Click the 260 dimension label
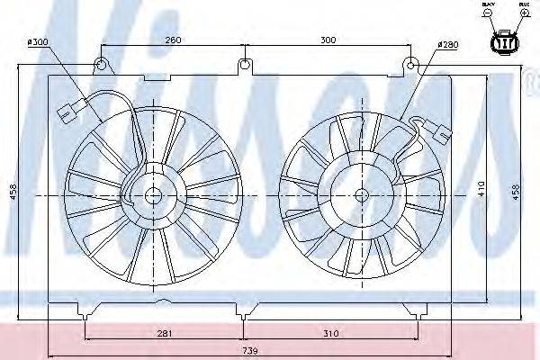174,40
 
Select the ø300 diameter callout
39,41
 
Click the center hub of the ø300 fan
152,194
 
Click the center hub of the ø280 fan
362,194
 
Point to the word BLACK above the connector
489,5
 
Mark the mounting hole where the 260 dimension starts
102,64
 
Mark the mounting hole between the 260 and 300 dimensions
244,64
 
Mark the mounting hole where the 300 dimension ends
410,64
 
